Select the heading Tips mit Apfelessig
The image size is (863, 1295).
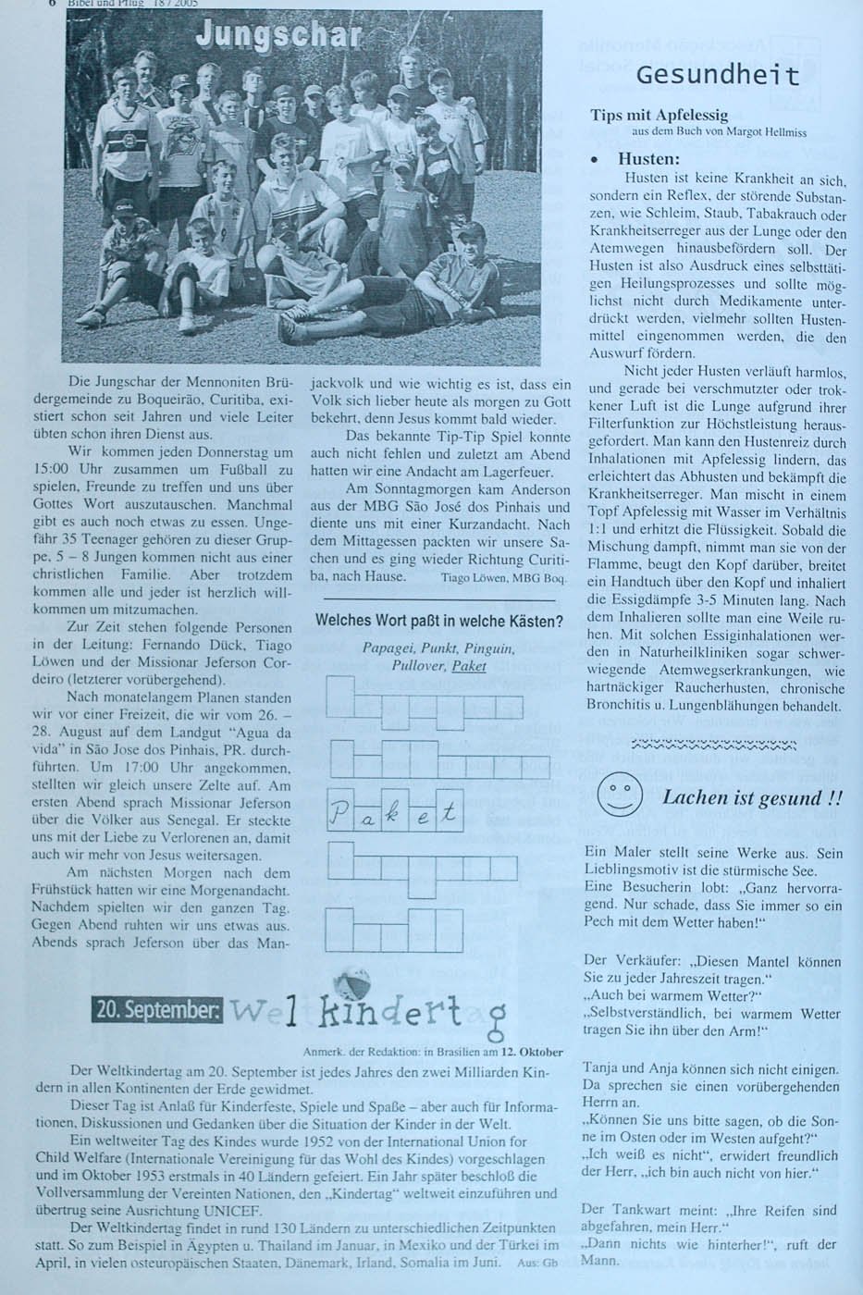659,116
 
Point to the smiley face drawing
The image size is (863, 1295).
620,795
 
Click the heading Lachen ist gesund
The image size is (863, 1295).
752,798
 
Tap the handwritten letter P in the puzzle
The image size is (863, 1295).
339,814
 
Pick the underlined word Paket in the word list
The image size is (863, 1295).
470,665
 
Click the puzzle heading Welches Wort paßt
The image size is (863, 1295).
439,621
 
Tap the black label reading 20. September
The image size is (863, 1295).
156,1010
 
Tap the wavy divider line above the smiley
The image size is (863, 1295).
711,744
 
